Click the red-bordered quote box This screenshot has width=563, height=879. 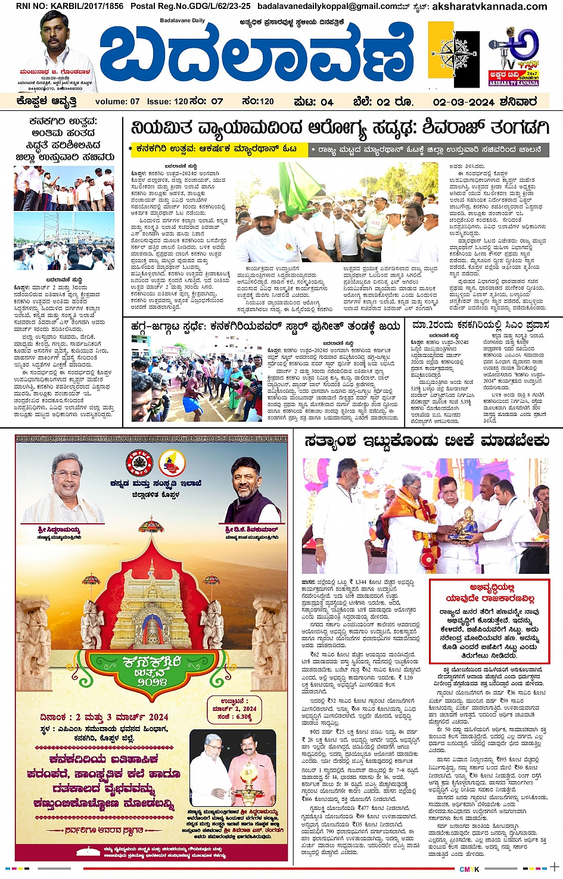[x=489, y=620]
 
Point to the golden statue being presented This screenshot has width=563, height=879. [x=465, y=522]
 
